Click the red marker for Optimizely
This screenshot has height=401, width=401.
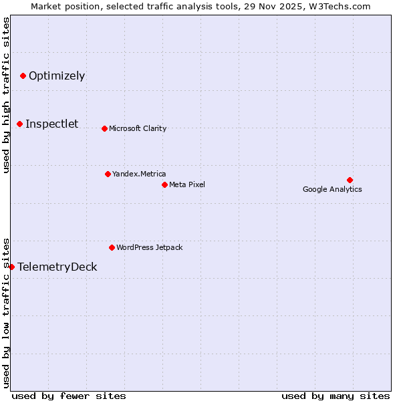23,76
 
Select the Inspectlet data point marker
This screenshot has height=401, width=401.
20,124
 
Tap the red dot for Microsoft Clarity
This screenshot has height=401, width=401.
104,128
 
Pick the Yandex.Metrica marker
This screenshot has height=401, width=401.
108,174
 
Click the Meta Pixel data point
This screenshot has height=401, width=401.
164,184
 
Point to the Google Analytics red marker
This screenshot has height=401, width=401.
350,180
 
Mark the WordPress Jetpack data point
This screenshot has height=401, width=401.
112,247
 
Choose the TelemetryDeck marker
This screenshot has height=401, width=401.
11,267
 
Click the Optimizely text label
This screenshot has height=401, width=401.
57,76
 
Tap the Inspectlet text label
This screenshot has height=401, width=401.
51,124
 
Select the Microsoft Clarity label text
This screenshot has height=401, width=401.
138,128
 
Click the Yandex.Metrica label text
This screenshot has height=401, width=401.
139,174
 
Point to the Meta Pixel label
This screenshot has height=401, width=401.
187,184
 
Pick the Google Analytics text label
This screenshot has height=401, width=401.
332,189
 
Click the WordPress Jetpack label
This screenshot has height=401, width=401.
149,247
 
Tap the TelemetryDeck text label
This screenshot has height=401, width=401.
57,267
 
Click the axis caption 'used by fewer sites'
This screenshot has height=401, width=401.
69,396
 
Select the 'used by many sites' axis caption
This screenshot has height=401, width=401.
336,396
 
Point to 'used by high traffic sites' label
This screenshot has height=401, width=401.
6,95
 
